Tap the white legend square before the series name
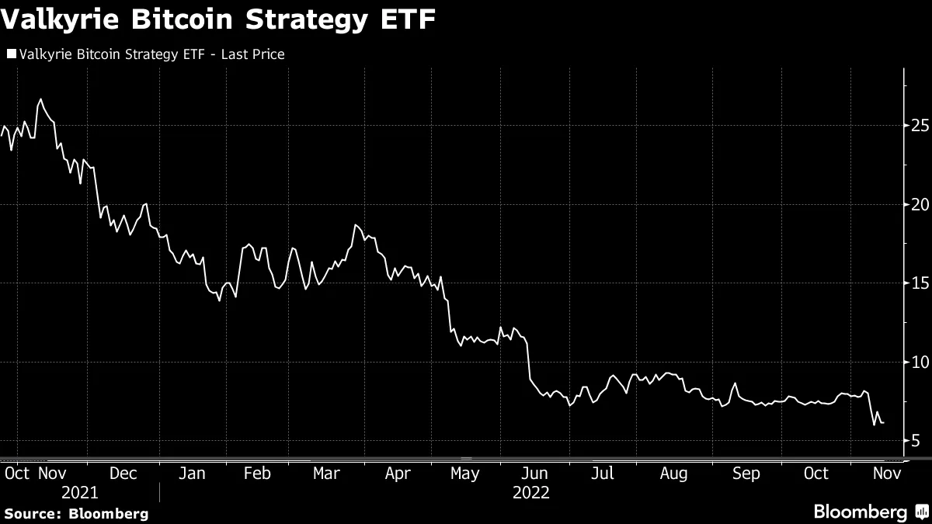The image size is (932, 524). coord(11,54)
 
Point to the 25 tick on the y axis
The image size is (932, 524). coord(920,126)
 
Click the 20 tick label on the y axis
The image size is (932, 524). coord(920,204)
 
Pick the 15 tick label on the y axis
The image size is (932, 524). coord(920,283)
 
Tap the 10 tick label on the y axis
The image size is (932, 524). coord(920,363)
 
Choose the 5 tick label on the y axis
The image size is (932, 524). coord(916,441)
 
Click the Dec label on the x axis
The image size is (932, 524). coord(123,474)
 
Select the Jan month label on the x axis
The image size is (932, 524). coord(193,474)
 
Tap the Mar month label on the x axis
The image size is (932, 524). coord(326,474)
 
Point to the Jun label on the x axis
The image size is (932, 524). coord(535,474)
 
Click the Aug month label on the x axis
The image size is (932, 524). coord(673,474)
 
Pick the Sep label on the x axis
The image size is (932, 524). coord(746,474)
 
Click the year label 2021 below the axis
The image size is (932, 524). coord(79,493)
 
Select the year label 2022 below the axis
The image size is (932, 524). coord(530,493)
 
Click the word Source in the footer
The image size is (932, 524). coord(33,513)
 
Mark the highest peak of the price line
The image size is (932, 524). coord(40,100)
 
